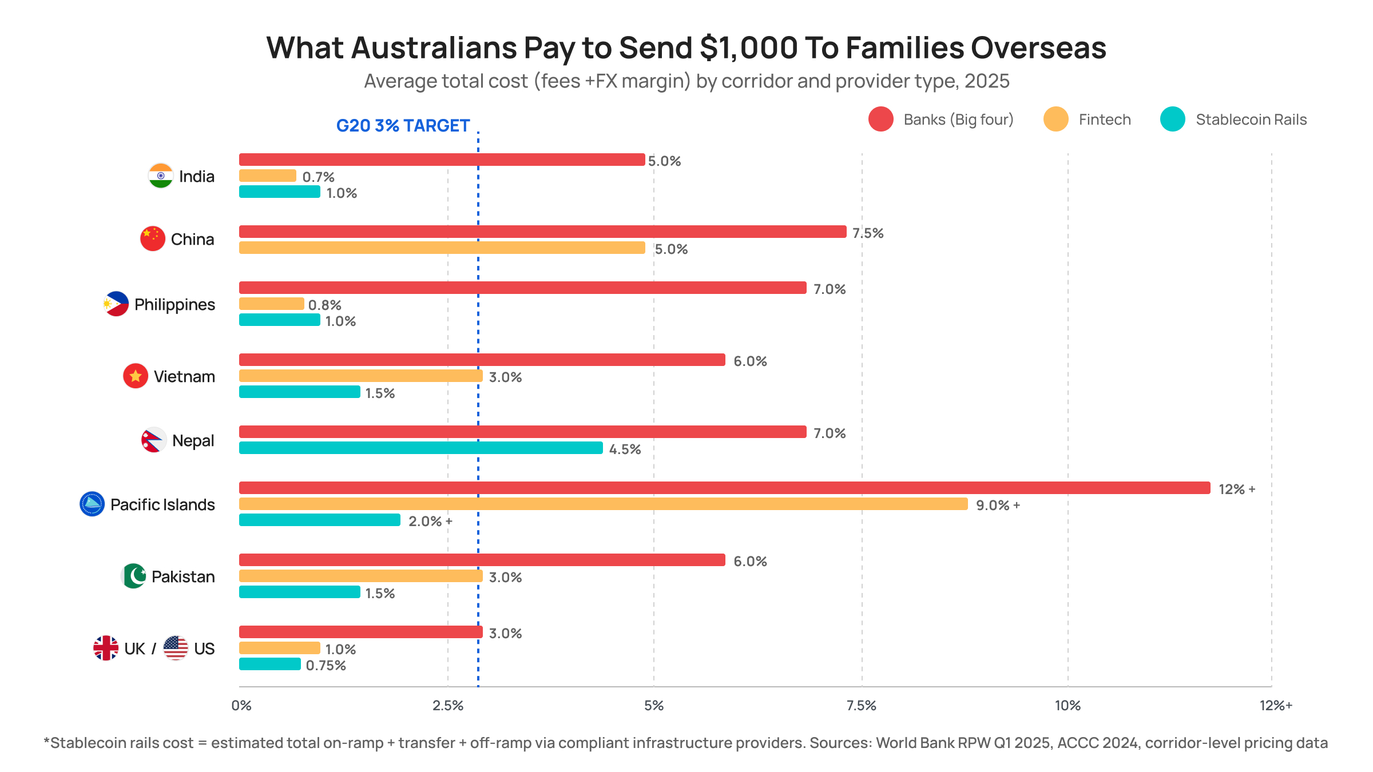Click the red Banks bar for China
pos(542,232)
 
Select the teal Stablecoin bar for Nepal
pos(420,448)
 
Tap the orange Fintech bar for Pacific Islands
pos(603,504)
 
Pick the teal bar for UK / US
pos(269,664)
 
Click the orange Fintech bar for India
pos(267,176)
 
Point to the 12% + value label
pos(1236,489)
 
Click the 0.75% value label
pos(326,665)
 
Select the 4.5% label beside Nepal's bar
pos(625,449)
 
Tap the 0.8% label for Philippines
pos(324,305)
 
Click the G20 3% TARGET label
pos(403,125)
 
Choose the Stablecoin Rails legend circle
pos(1172,119)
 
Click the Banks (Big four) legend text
pos(958,120)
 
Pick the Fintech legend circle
pos(1055,119)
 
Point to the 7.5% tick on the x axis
pos(861,705)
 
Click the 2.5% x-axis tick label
pos(447,705)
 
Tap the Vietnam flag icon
pos(136,376)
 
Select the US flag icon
pos(175,648)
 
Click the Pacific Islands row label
pos(162,504)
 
